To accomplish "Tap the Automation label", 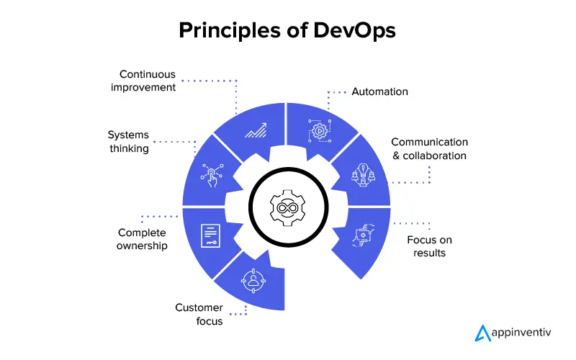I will pos(379,91).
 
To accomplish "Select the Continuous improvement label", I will pos(148,81).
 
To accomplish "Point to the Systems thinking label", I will pos(128,142).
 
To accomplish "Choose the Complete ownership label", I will pos(142,239).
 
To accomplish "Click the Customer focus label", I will pos(199,315).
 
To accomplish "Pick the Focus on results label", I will pos(429,246).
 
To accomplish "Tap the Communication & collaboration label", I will pos(429,149).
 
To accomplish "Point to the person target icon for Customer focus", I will pos(253,279).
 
